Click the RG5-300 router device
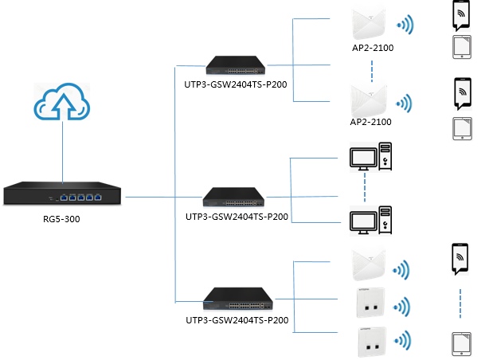pyautogui.click(x=63, y=194)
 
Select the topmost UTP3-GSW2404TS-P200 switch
pyautogui.click(x=236, y=63)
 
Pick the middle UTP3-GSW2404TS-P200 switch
pyautogui.click(x=236, y=196)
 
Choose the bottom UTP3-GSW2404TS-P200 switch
pyautogui.click(x=236, y=299)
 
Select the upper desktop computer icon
pyautogui.click(x=370, y=157)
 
